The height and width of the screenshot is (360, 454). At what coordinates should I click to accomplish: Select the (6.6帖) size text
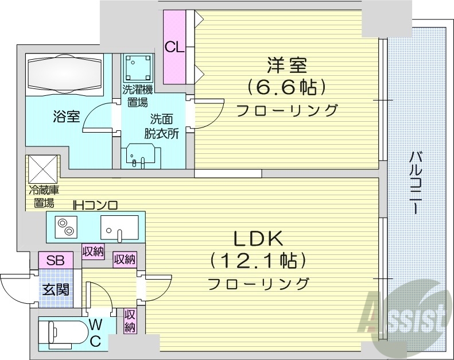coord(287,87)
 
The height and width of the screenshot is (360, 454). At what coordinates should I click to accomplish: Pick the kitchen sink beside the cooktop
coord(119,227)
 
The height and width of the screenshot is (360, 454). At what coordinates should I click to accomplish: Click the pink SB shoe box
coord(56,260)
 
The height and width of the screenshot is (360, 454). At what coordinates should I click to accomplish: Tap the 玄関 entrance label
coord(55,289)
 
